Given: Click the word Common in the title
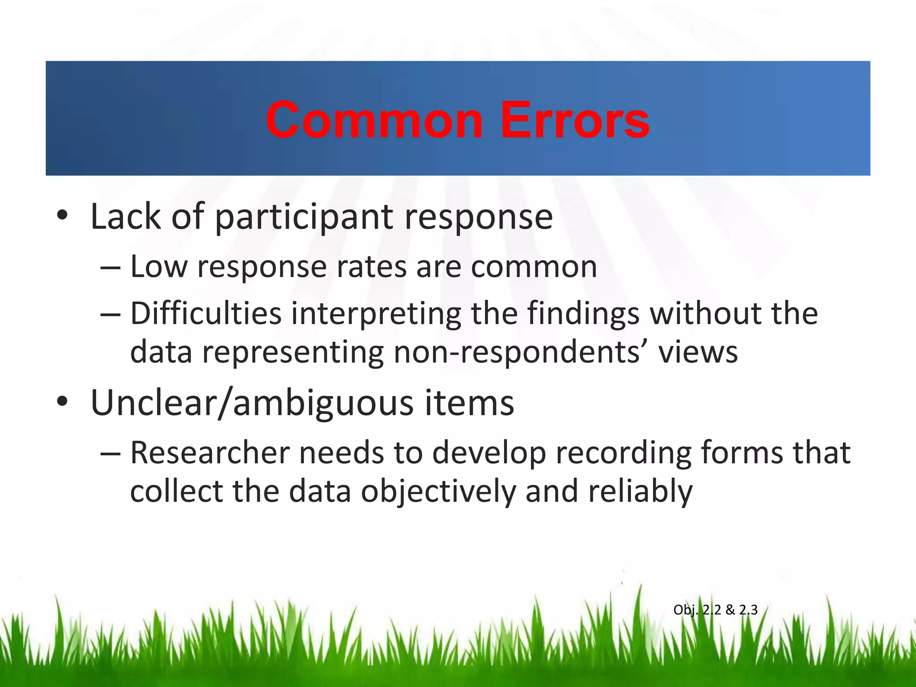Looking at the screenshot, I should click(374, 120).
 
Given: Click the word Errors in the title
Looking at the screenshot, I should click(575, 120).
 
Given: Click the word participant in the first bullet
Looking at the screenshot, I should click(304, 217).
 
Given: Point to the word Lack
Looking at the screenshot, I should click(125, 216).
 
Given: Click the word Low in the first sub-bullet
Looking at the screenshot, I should click(158, 267).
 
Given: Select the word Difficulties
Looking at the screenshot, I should click(206, 313).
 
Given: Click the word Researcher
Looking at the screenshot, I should click(210, 453).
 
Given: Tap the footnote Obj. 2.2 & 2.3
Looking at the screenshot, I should click(715, 610).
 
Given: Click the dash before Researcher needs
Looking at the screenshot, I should click(110, 453).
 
